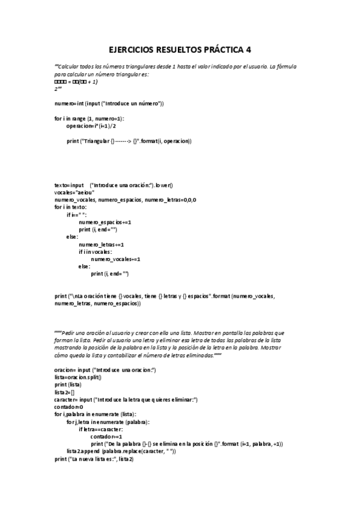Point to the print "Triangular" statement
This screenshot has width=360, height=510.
[x=129, y=141]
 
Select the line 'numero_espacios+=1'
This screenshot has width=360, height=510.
[x=105, y=222]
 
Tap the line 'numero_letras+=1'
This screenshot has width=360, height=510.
[x=101, y=244]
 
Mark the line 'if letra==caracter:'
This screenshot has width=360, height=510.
[x=100, y=429]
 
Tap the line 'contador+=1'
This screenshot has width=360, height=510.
[x=106, y=436]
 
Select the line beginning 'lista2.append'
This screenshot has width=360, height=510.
[x=121, y=451]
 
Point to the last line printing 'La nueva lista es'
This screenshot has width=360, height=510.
[x=93, y=459]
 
